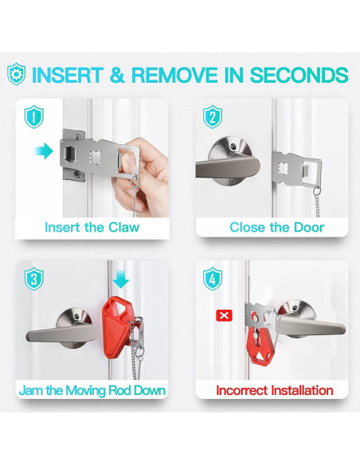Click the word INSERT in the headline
[67, 75]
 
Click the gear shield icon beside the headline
[16, 74]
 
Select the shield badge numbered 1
[34, 116]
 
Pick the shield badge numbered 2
[213, 116]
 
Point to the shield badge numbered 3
[34, 279]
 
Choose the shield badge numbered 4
[213, 279]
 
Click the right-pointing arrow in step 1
[44, 150]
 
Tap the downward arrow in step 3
[121, 280]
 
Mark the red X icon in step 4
[224, 315]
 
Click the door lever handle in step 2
[228, 167]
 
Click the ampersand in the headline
[117, 75]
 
